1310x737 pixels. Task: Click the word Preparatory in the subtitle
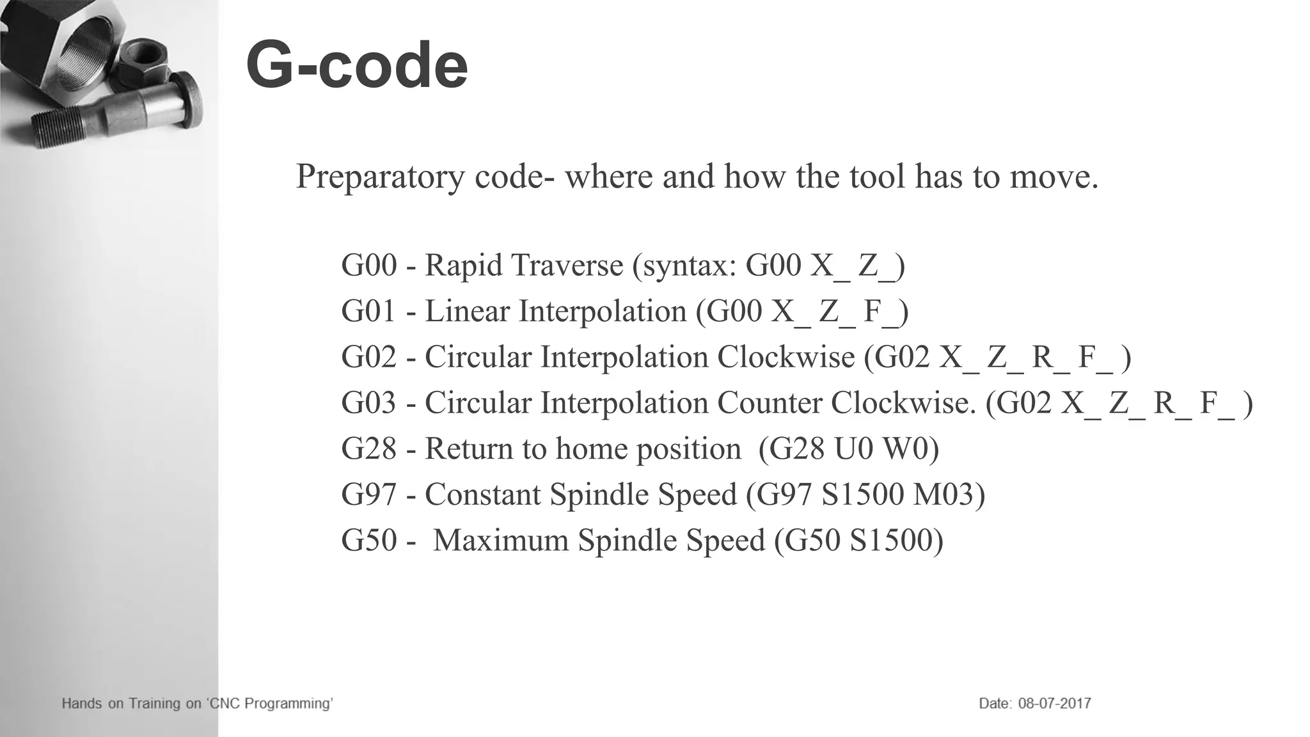coord(380,177)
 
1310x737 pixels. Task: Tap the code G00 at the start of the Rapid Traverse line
coord(369,265)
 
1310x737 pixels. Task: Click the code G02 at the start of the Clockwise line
coord(369,357)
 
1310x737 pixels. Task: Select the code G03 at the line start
coord(369,403)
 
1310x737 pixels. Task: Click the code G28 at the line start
coord(369,448)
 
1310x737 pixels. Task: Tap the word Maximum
coord(501,540)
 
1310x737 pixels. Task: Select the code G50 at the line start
coord(369,540)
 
